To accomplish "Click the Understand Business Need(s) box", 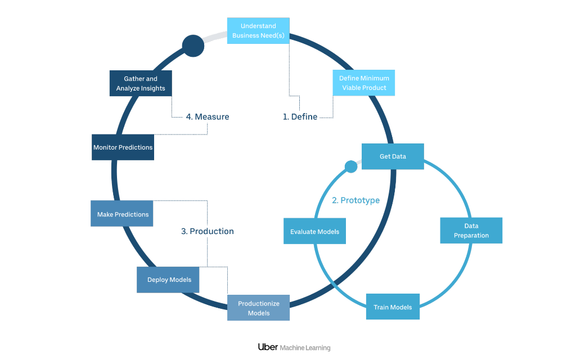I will coord(258,31).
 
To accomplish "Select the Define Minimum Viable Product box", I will coord(364,83).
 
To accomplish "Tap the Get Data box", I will coord(392,156).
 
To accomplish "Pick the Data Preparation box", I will coord(471,231).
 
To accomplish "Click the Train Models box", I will coord(393,307).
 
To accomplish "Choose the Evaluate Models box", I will coord(314,231).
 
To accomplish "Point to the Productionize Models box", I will coord(258,308).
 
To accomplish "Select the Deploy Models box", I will coord(168,280).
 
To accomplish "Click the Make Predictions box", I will coord(122,214).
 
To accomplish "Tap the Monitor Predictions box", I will coord(123,147).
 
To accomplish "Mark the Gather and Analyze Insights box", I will coord(141,84).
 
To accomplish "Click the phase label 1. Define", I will coord(300,117).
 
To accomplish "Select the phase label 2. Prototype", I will coord(355,200).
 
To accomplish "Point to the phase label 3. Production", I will coord(207,231).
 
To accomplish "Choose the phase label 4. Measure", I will coord(207,117).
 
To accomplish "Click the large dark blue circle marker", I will coord(192,46).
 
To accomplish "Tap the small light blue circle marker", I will coord(350,166).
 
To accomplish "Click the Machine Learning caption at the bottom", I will coord(305,348).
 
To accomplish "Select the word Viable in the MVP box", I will coord(352,88).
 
